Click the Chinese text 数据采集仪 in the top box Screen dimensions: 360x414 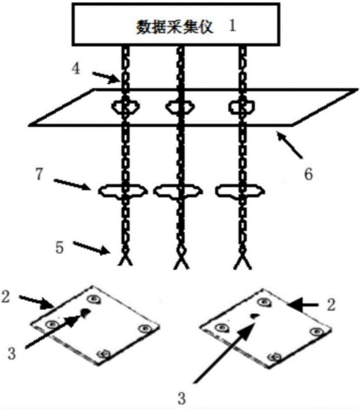point(175,27)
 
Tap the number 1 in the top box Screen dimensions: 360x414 point(232,26)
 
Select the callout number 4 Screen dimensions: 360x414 point(76,69)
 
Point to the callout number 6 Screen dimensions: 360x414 point(308,174)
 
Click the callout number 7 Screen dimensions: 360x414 point(40,174)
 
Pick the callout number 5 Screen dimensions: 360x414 point(59,247)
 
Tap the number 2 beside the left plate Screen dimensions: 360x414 point(5,296)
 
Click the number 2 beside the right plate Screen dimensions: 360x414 point(331,304)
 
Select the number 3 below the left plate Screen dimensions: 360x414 point(12,354)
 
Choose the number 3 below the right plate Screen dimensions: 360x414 point(181,399)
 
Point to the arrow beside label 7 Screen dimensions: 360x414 point(73,185)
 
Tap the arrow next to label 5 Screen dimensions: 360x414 point(91,248)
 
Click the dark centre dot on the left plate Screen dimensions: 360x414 point(85,313)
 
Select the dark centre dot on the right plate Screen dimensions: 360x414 point(255,315)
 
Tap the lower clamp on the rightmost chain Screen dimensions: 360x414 point(240,191)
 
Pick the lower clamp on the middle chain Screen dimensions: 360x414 point(178,191)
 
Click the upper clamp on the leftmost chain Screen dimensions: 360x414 point(125,106)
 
